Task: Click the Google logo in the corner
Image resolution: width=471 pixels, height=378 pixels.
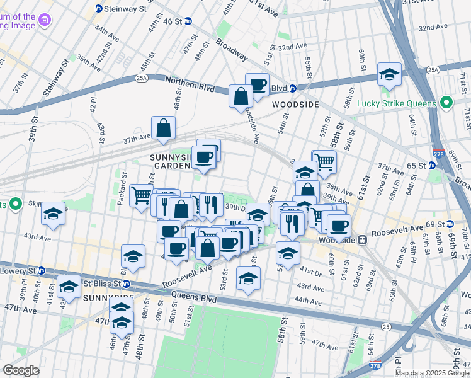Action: coord(21,370)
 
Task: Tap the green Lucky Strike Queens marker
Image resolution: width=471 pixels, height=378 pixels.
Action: coord(446,103)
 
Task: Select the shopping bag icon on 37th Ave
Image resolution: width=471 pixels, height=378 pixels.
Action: coord(163,128)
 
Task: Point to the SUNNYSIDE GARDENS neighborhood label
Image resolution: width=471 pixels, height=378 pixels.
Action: coord(171,161)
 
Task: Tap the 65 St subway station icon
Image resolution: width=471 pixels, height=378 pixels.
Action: coord(432,165)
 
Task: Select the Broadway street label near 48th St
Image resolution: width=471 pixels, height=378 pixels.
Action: coord(231,50)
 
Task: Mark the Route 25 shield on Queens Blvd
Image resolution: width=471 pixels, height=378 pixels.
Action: coord(385,327)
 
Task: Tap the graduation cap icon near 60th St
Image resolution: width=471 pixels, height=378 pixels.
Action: coord(389,74)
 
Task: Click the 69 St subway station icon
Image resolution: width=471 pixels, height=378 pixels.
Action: coord(451,224)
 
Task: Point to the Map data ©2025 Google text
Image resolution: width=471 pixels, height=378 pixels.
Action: coord(432,373)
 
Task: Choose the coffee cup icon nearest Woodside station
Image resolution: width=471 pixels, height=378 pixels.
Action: coord(339,225)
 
